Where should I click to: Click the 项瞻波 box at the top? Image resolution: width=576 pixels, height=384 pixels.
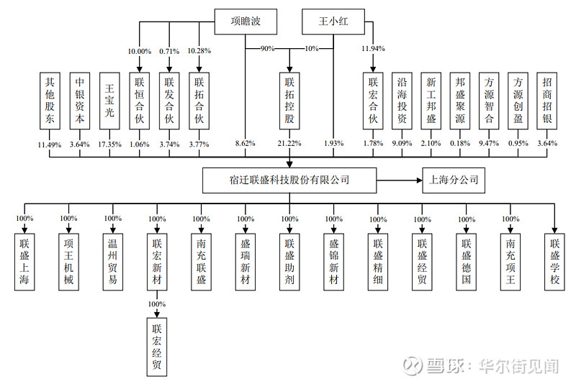click(245, 21)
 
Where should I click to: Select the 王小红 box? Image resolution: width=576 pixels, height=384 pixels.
click(333, 21)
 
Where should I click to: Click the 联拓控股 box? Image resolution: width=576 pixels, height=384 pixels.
click(289, 100)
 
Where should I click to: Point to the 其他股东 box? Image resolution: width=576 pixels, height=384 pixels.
click(50, 100)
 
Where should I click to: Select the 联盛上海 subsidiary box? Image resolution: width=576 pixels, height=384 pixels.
click(26, 260)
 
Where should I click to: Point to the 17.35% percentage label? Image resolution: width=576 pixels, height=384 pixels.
click(109, 144)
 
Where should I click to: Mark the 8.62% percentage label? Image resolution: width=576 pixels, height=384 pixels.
click(245, 144)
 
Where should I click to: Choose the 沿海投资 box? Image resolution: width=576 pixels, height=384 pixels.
click(402, 100)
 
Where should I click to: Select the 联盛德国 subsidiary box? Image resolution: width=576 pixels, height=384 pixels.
click(467, 260)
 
